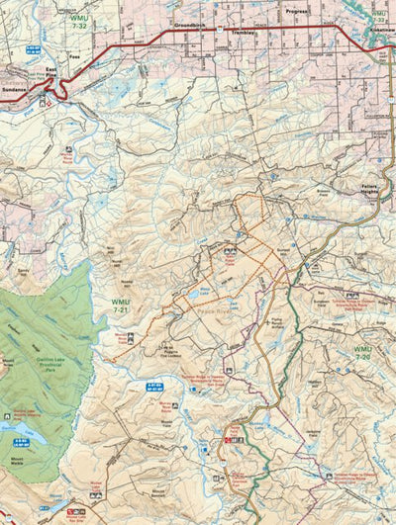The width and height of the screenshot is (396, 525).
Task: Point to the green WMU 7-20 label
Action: pyautogui.click(x=366, y=352)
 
